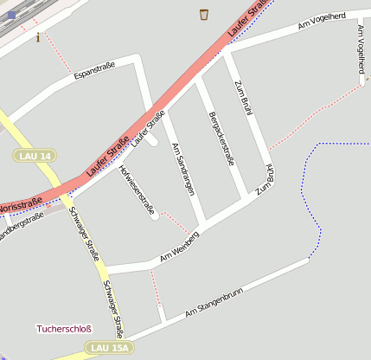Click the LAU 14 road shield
pos(35,155)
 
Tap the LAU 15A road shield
pos(110,348)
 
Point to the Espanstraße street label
pos(95,72)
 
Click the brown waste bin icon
pos(204,14)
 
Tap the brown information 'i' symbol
pos(38,37)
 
